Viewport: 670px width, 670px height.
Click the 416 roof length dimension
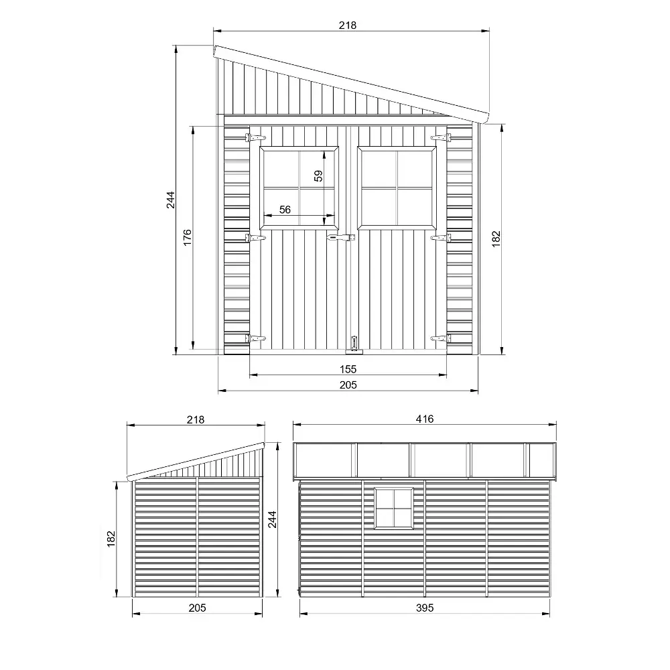[425, 419]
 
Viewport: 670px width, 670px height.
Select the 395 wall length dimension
[425, 608]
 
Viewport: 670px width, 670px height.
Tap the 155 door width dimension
[348, 368]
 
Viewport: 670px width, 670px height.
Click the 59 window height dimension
[319, 176]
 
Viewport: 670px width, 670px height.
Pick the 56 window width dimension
[285, 210]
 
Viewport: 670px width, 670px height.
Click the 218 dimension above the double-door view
[348, 25]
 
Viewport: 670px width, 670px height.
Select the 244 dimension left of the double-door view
[170, 200]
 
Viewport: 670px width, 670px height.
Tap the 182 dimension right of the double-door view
[496, 237]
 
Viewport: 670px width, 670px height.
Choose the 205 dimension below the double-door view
[348, 385]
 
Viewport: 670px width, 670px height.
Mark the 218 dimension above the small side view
[195, 419]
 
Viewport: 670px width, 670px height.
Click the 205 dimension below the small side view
[196, 608]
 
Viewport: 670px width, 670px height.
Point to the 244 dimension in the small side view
[272, 520]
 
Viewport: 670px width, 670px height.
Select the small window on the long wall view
[393, 508]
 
